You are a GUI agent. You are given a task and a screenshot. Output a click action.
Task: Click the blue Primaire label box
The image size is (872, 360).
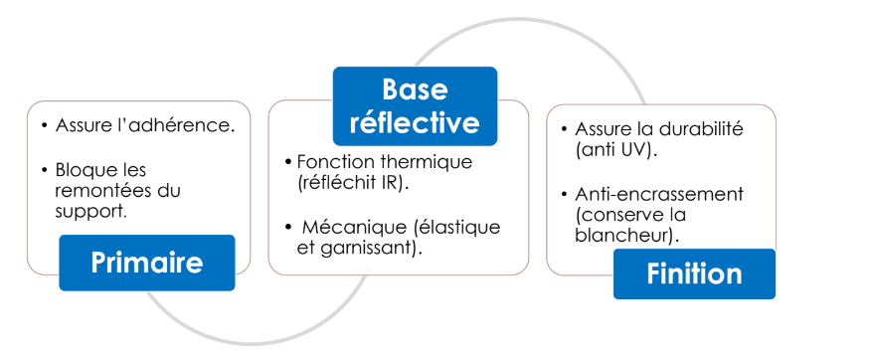pyautogui.click(x=147, y=263)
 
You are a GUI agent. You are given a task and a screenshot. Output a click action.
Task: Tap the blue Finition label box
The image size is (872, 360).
pyautogui.click(x=694, y=273)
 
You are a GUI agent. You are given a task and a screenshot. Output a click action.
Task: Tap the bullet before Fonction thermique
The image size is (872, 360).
pyautogui.click(x=288, y=162)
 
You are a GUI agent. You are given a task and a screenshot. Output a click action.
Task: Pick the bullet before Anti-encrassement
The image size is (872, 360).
pyautogui.click(x=564, y=193)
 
